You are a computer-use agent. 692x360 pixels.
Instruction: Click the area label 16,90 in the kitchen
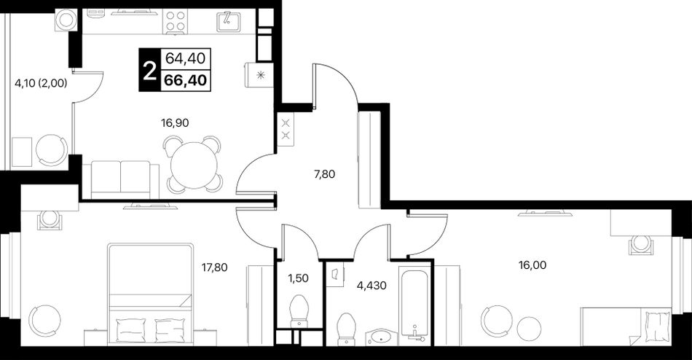(x=175, y=123)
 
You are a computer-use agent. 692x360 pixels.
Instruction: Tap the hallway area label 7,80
(x=324, y=174)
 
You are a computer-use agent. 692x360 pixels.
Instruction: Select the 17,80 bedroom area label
(x=214, y=267)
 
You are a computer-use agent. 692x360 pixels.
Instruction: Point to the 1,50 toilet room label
(x=298, y=278)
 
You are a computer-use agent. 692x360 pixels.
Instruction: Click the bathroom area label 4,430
(x=371, y=286)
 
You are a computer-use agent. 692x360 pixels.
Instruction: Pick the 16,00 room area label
(x=532, y=265)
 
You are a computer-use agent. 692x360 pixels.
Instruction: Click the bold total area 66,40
(x=186, y=80)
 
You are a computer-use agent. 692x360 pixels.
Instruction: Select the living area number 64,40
(x=186, y=58)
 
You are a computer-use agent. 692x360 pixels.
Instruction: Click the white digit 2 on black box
(x=150, y=70)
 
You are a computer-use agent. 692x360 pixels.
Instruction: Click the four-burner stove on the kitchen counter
(x=176, y=21)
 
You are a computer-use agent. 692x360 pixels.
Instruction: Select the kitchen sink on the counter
(x=228, y=21)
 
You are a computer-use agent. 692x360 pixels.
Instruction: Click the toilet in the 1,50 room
(x=300, y=311)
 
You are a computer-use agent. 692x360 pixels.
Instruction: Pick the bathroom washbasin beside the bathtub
(x=381, y=337)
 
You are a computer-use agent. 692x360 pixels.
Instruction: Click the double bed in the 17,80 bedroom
(x=151, y=294)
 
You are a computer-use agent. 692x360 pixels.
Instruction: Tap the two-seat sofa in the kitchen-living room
(x=120, y=180)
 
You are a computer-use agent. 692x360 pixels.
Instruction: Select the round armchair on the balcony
(x=51, y=150)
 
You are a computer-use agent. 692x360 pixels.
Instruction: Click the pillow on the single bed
(x=658, y=325)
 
